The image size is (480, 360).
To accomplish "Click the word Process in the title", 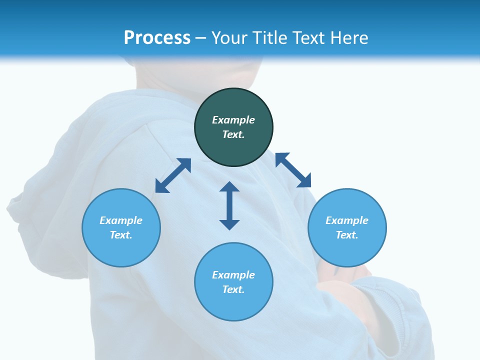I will point(157,38).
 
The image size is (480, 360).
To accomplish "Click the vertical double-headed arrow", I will point(229,205).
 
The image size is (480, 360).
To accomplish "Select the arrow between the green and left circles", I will point(173,175).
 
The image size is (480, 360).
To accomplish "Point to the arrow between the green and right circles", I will point(293,170).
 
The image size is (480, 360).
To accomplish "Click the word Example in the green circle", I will point(233,120).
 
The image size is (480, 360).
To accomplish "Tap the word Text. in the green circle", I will point(233,134).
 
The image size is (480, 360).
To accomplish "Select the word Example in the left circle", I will point(121,220).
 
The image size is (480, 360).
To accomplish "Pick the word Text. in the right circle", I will point(347,235).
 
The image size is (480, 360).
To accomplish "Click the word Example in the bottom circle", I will point(233,275).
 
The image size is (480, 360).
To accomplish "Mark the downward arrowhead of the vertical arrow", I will point(229,223).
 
